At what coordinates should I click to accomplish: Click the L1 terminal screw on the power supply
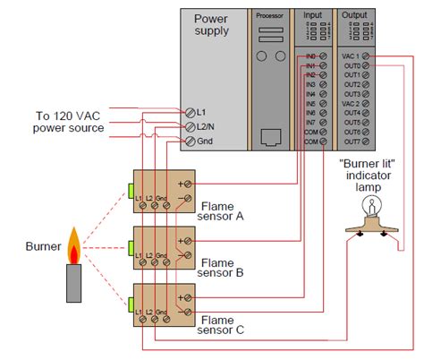(191, 112)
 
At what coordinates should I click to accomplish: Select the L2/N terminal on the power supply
(191, 126)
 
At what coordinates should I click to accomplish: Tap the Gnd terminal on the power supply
(191, 141)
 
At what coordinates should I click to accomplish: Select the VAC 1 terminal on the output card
(368, 56)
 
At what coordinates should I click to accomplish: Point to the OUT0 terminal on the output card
(368, 65)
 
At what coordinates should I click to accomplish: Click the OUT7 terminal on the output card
(368, 141)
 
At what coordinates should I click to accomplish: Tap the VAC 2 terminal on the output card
(368, 103)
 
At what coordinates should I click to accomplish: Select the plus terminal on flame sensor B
(185, 240)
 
